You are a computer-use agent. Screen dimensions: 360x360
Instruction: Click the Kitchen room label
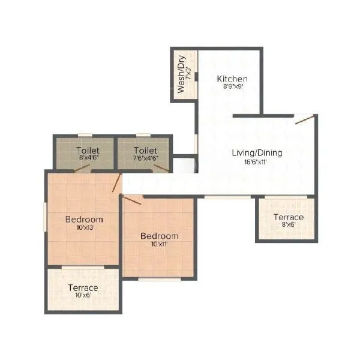pyautogui.click(x=232, y=79)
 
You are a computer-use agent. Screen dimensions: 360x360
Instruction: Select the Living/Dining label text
pyautogui.click(x=257, y=152)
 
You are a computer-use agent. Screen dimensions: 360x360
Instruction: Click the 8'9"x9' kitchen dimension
pyautogui.click(x=232, y=86)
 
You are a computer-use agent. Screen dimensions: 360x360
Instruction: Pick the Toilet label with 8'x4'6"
pyautogui.click(x=88, y=150)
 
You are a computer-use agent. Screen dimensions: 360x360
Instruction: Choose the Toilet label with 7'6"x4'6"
pyautogui.click(x=145, y=150)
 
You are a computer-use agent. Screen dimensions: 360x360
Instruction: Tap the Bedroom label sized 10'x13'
pyautogui.click(x=84, y=219)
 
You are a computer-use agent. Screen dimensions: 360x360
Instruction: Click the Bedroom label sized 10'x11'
pyautogui.click(x=159, y=236)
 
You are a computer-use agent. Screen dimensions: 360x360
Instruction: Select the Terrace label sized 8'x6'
pyautogui.click(x=289, y=217)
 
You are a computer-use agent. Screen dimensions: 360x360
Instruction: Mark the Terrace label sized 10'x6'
pyautogui.click(x=83, y=287)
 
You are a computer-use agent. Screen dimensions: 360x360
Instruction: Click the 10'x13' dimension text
pyautogui.click(x=84, y=227)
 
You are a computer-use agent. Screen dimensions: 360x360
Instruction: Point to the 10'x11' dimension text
pyautogui.click(x=159, y=244)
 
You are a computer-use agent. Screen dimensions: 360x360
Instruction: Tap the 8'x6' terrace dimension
pyautogui.click(x=289, y=225)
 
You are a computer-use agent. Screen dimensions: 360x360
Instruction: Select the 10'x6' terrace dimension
pyautogui.click(x=83, y=296)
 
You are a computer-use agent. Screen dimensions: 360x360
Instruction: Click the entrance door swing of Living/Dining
pyautogui.click(x=305, y=119)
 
